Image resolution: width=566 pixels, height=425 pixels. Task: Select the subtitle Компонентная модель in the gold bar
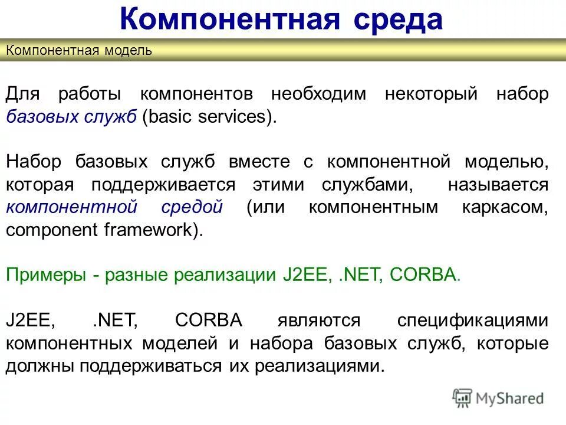point(79,50)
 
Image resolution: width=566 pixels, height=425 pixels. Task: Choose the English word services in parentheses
point(235,117)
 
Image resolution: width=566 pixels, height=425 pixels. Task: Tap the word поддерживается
point(163,185)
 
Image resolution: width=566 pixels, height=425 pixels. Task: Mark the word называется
point(498,185)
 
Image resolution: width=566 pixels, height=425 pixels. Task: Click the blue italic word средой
point(192,207)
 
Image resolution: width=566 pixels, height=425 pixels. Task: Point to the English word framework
point(157,230)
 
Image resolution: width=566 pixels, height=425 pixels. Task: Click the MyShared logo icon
point(462,398)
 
